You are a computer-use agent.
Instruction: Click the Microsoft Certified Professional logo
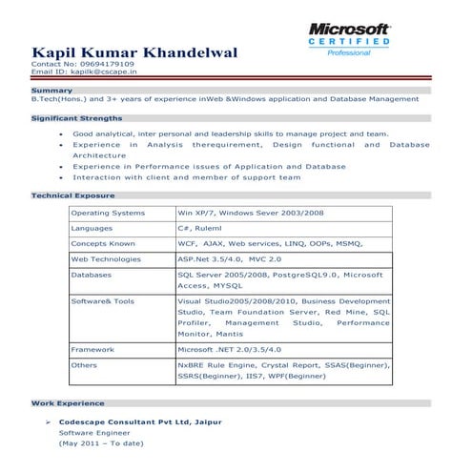348,38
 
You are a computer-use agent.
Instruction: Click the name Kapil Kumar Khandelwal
133,51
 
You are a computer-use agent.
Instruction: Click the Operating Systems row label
108,213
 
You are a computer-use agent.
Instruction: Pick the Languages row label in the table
92,229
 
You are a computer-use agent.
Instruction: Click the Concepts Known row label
103,244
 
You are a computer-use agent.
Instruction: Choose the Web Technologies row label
106,259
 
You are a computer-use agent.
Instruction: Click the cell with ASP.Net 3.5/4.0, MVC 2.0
230,259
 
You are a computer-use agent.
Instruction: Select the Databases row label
92,275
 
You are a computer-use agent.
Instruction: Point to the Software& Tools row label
103,301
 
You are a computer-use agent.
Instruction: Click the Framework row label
93,350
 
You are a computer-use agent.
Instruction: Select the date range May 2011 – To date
101,443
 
